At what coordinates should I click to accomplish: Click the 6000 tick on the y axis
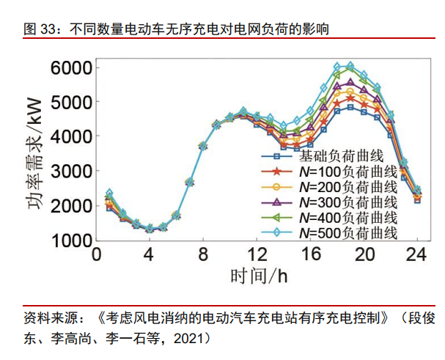pos(72,67)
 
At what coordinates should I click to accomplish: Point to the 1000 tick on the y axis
pos(72,240)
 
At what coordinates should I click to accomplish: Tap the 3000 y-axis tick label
pos(72,171)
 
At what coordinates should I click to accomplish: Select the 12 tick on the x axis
pos(257,254)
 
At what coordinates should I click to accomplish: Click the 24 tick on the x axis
pos(417,254)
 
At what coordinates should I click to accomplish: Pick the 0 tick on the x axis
pos(96,254)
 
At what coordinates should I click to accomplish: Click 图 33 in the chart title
pos(40,29)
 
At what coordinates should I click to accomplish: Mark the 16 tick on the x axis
pos(310,254)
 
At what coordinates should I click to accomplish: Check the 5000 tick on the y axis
pos(72,102)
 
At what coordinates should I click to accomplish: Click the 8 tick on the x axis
pos(203,254)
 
